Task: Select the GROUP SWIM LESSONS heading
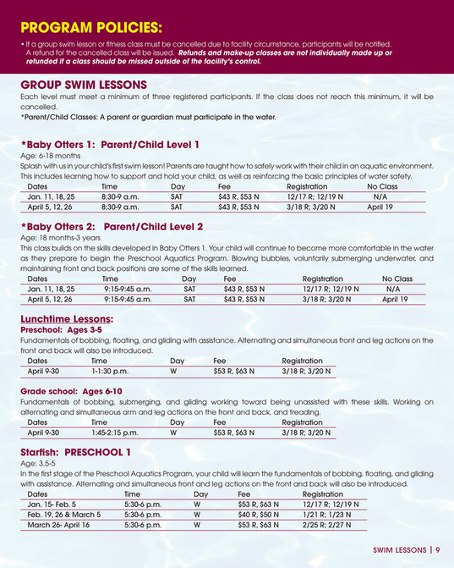point(84,85)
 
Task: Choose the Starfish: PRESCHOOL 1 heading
point(75,452)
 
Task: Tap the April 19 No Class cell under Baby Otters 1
point(380,207)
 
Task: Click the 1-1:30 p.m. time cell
point(110,371)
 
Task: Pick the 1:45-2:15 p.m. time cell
point(114,433)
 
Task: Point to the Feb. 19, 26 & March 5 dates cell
point(64,514)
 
